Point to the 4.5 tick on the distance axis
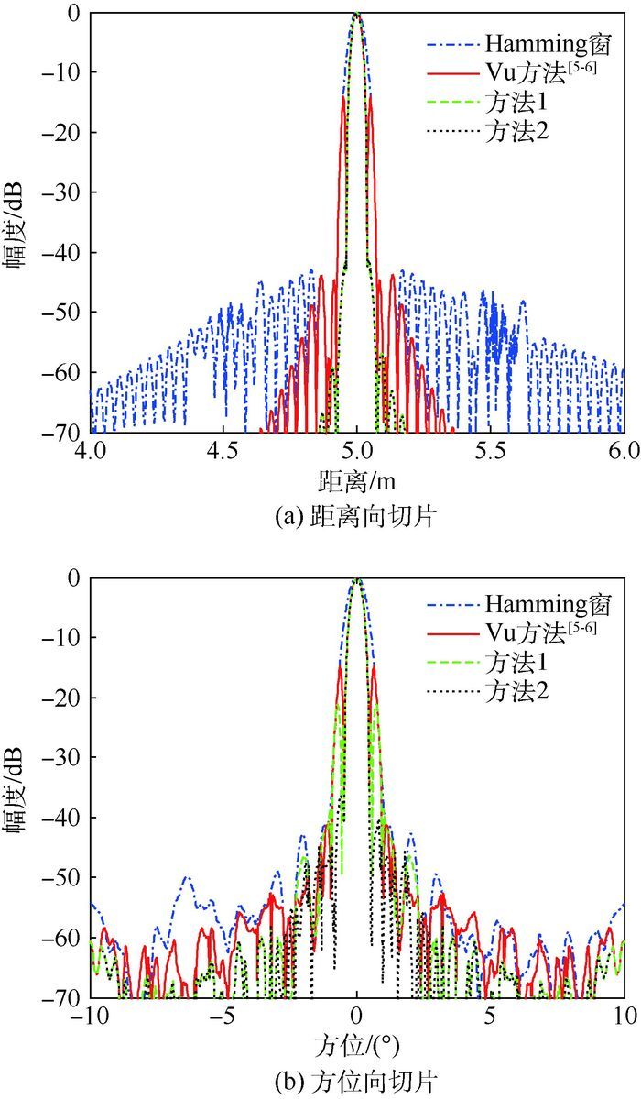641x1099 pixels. pos(223,451)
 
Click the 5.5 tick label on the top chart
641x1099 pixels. pos(491,451)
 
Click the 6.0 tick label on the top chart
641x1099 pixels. pos(624,451)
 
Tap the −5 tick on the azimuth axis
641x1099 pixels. pos(223,1016)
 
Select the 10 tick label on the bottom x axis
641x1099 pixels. pos(624,1016)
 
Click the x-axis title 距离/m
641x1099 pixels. pos(357,479)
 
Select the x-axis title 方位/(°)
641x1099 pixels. pos(357,1043)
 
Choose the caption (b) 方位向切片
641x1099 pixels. pos(357,1081)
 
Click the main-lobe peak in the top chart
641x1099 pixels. pos(357,14)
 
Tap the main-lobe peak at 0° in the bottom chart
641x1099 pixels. pos(357,578)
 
